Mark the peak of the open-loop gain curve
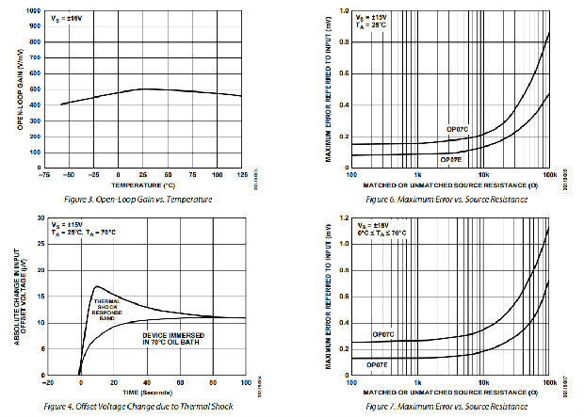[x=143, y=88]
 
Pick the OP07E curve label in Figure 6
[x=454, y=159]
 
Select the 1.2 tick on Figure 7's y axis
[x=342, y=217]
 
